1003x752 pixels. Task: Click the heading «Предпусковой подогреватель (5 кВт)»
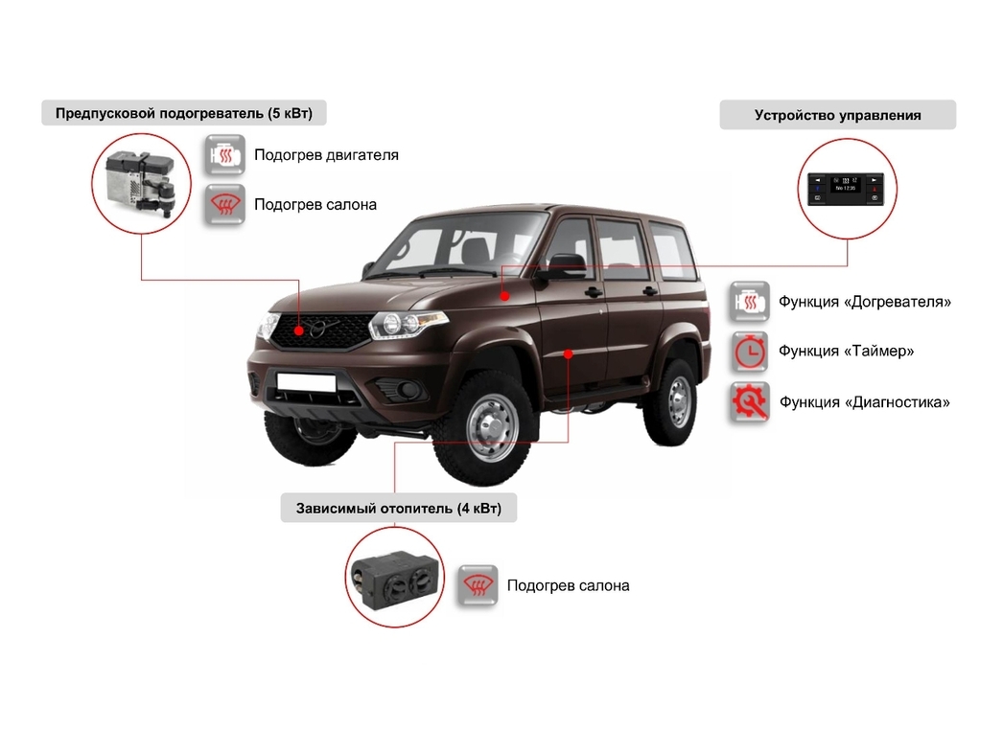coord(183,113)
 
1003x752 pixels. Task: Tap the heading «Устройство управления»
coord(837,115)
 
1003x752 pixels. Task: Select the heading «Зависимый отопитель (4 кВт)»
coord(398,508)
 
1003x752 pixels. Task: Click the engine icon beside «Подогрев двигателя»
coord(223,154)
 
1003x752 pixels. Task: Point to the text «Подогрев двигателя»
coord(326,154)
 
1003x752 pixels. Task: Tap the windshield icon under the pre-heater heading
coord(223,204)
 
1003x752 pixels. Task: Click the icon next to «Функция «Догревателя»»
coord(749,302)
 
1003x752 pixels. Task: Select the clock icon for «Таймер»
coord(749,352)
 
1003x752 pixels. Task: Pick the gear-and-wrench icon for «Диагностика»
coord(749,401)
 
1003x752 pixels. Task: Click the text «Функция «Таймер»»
coord(846,352)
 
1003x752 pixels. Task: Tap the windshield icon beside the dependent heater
coord(477,584)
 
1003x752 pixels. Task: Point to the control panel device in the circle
coord(847,188)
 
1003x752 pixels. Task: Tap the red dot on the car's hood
coord(504,296)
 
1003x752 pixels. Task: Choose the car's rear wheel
coord(677,402)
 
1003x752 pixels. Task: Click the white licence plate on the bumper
coord(306,382)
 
